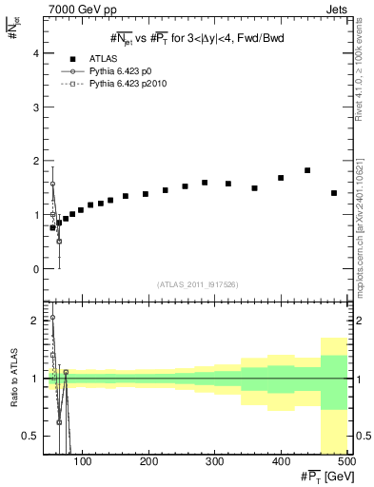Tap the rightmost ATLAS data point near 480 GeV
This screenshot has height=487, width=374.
coord(334,193)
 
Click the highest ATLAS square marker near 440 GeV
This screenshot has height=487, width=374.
coord(307,170)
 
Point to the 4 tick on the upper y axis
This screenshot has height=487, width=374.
coord(35,53)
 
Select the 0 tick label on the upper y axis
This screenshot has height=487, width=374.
coord(35,269)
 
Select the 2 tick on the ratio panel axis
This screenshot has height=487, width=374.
coord(35,321)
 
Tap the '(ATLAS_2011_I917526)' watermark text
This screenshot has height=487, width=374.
coord(196,284)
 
